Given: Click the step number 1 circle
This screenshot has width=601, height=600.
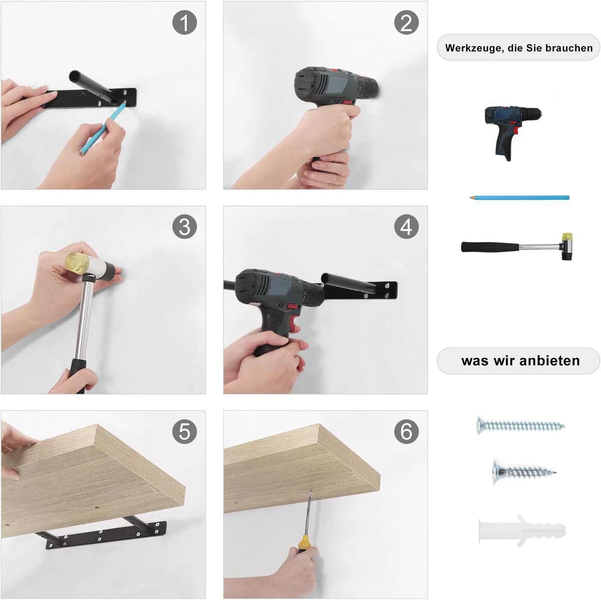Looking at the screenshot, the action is (184, 22).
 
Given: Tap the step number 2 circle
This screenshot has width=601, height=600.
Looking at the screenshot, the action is (406, 22).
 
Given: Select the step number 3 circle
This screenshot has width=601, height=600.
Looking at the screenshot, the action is (184, 227).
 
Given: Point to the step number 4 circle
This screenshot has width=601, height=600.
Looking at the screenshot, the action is (406, 227).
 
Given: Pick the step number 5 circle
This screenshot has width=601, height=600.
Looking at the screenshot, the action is (184, 432).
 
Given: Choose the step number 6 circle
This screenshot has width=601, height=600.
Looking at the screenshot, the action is (406, 432).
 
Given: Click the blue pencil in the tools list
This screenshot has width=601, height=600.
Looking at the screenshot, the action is (519, 198).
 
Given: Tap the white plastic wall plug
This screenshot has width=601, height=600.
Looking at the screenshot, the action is (522, 530).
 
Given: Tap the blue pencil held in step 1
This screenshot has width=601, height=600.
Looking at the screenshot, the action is (102, 127).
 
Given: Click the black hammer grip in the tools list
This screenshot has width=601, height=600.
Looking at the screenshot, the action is (490, 247).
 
